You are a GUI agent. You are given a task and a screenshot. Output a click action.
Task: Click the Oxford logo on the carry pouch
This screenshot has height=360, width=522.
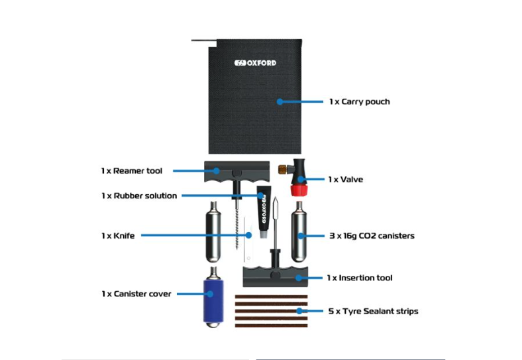[255, 64]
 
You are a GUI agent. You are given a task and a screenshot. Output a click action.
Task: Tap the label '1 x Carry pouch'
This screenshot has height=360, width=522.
[359, 101]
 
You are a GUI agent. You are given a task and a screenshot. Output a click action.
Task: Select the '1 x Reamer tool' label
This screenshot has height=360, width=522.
[132, 170]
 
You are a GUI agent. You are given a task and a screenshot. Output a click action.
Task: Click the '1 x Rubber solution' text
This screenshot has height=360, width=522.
[139, 196]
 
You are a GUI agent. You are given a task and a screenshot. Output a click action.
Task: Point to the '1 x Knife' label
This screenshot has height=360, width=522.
[118, 235]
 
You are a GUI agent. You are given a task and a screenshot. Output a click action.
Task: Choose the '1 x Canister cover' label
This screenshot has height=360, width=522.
[136, 293]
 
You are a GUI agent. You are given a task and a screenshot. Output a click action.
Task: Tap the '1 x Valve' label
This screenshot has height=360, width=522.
[345, 179]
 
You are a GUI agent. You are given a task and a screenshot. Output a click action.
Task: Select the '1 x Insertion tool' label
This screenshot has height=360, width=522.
[359, 277]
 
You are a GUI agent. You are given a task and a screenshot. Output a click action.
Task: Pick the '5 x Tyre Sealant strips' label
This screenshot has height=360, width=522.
[374, 310]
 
